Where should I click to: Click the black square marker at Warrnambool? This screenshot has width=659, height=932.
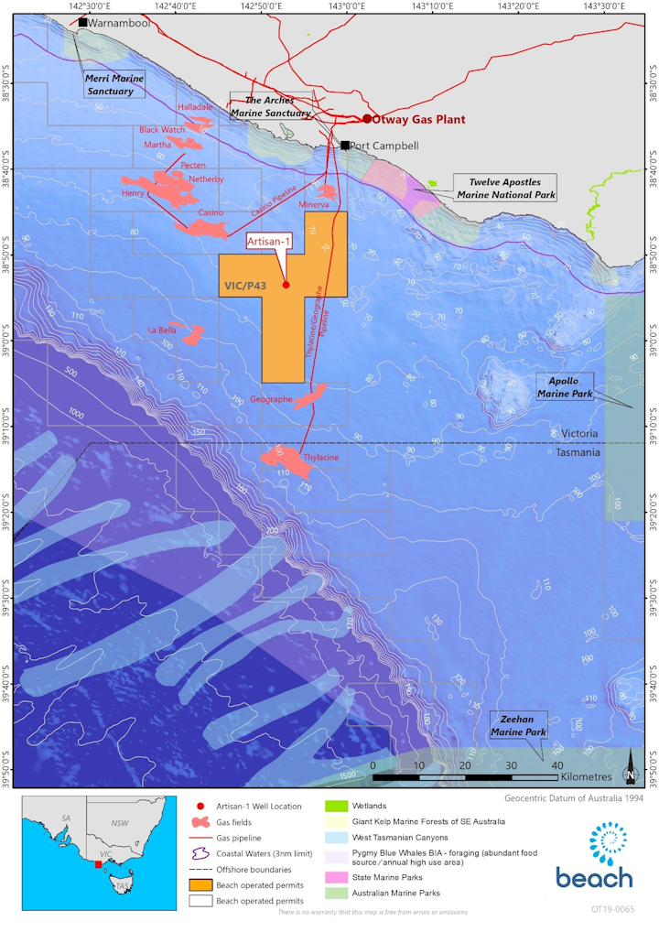[83, 22]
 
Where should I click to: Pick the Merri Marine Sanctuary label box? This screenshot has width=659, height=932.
[114, 84]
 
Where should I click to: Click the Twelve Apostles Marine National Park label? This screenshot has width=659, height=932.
[506, 189]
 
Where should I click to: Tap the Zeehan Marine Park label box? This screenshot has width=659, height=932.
[517, 725]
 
